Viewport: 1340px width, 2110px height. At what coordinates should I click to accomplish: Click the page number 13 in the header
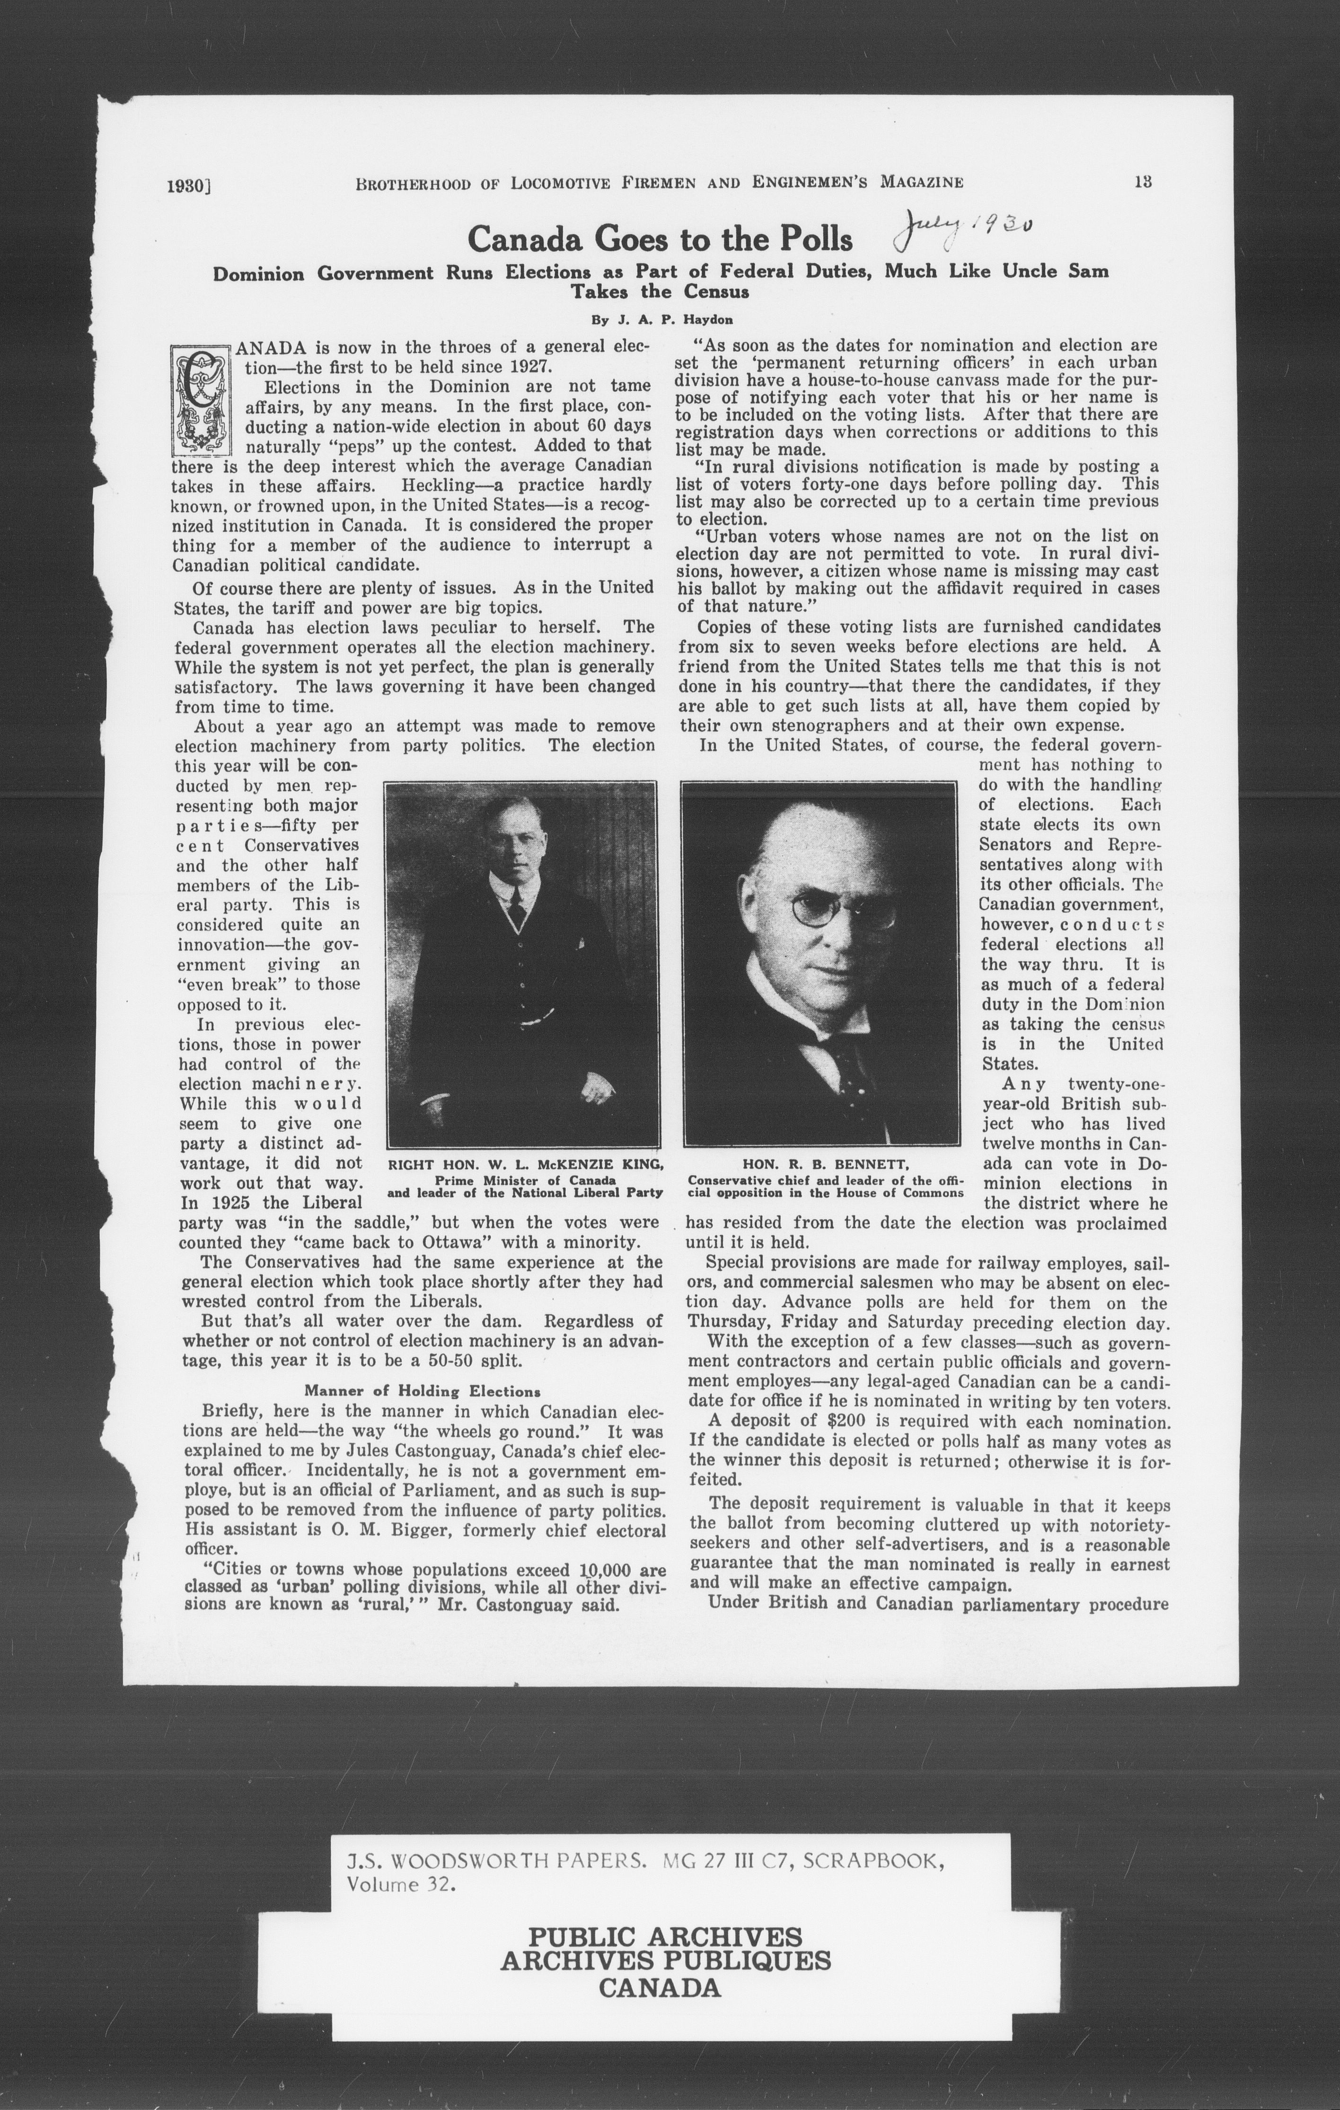coord(1141,182)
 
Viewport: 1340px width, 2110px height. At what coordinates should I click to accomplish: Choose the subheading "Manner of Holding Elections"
coord(422,1391)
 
